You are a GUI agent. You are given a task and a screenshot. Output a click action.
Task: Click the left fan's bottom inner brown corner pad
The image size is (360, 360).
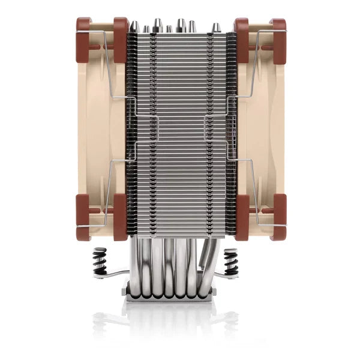[x=120, y=216]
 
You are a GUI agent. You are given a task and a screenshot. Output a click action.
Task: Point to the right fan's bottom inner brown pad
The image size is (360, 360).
[x=241, y=216]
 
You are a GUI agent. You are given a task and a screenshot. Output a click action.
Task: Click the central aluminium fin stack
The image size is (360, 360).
[x=180, y=132]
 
